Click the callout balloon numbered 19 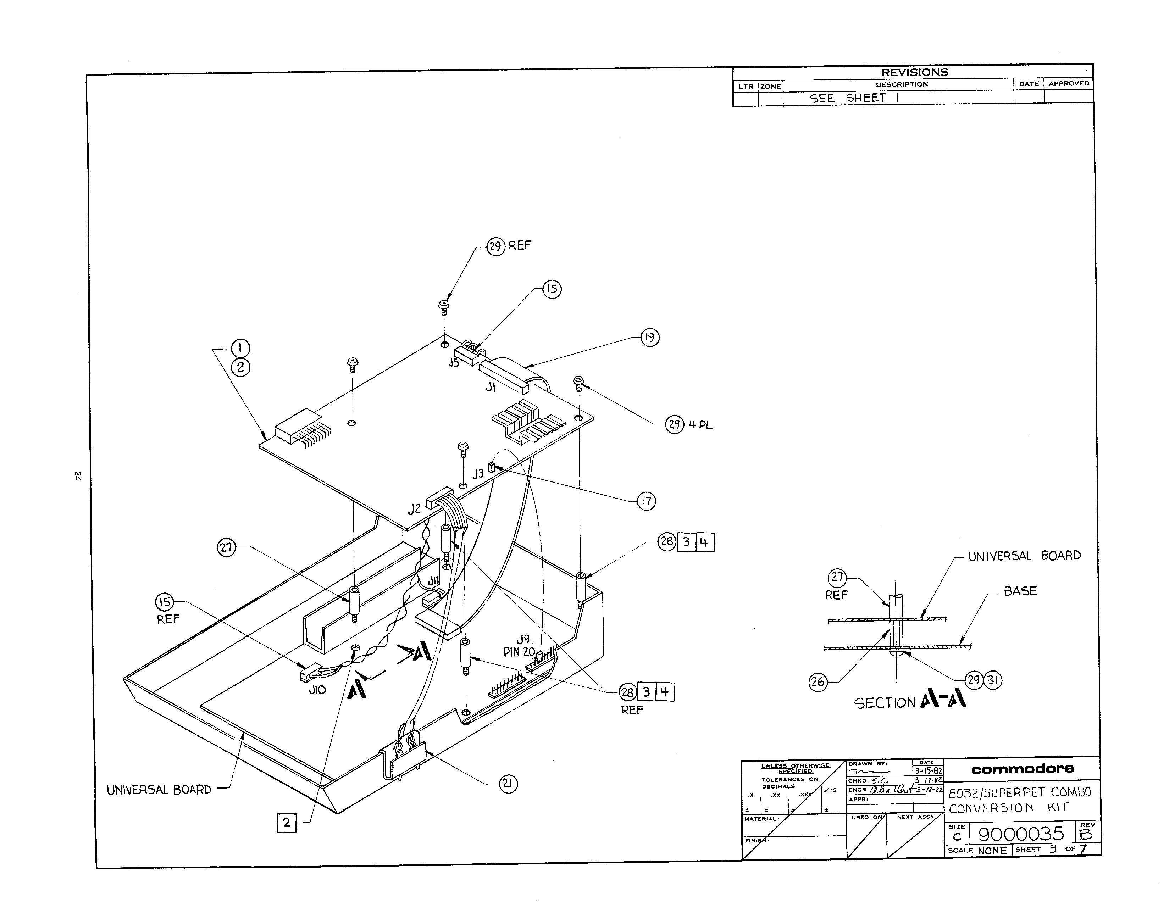tap(649, 338)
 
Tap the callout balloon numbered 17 tap(646, 501)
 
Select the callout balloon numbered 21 tap(508, 784)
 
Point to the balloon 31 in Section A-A tap(993, 680)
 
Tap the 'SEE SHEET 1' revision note tap(854, 98)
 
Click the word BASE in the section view tap(1020, 591)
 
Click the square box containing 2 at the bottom tap(286, 822)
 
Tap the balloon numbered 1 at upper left tap(240, 348)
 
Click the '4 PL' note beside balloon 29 tap(700, 425)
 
